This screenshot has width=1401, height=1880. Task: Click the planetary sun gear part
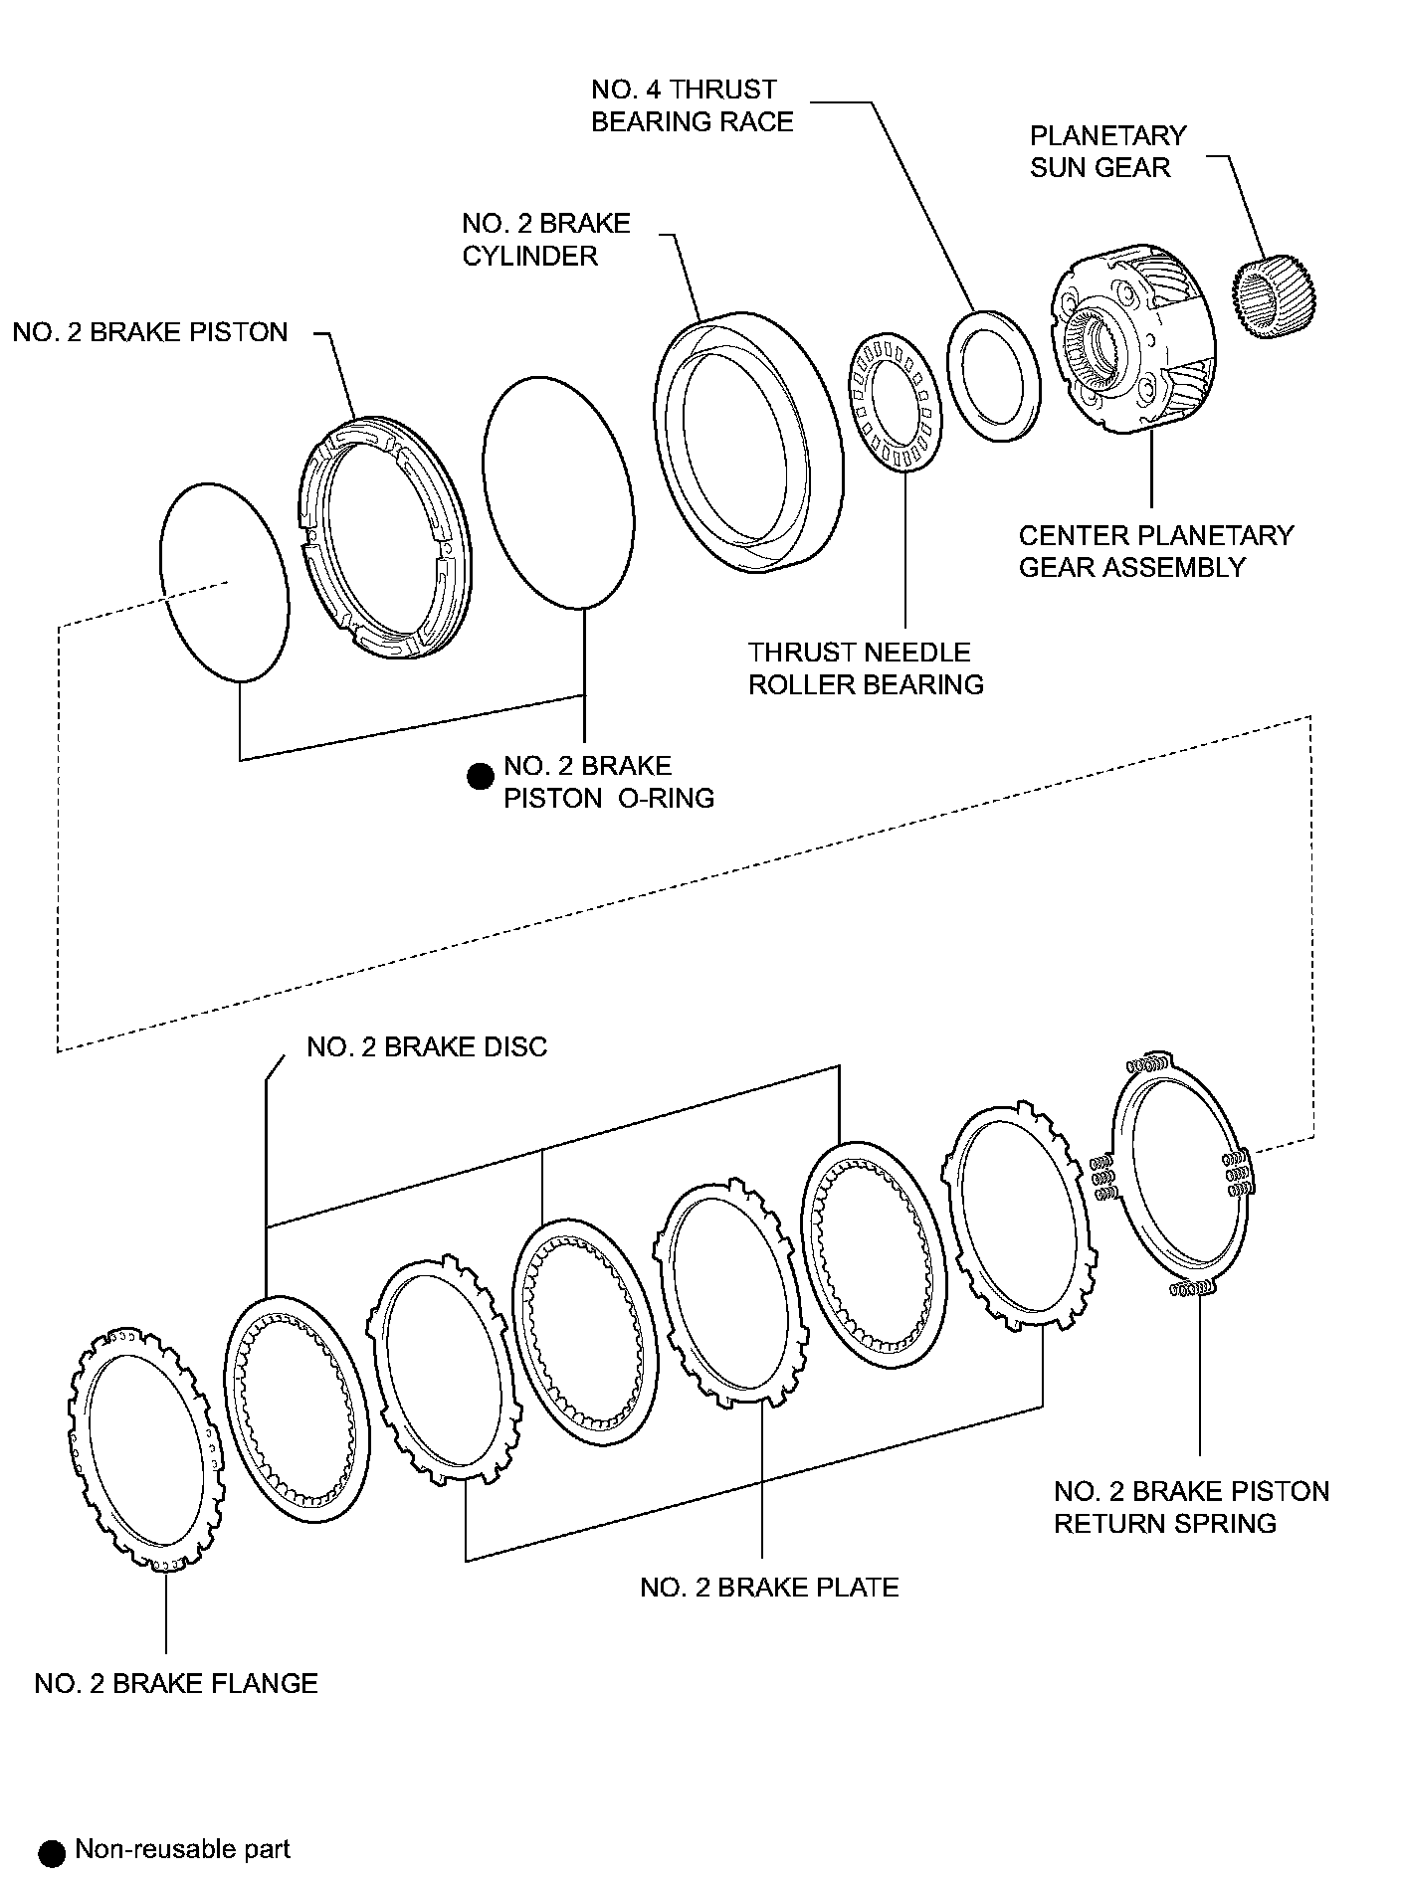point(1277,296)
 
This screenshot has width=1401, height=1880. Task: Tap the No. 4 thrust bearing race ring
point(994,375)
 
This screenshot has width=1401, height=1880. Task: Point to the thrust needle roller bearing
point(888,402)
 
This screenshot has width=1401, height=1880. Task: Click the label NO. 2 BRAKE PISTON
point(150,332)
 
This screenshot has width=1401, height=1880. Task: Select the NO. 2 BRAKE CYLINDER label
point(546,239)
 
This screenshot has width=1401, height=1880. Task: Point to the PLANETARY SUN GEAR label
point(1107,151)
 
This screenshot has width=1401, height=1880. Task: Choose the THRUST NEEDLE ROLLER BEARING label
point(866,668)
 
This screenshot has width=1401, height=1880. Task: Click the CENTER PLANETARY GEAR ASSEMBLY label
point(1155,551)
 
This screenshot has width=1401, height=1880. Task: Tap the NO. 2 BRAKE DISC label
point(427,1046)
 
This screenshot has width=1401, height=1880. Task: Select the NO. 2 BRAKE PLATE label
point(769,1587)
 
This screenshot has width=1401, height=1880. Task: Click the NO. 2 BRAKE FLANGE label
point(176,1683)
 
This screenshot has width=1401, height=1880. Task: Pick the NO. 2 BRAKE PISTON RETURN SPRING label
point(1191,1507)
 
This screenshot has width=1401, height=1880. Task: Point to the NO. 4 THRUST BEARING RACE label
point(693,105)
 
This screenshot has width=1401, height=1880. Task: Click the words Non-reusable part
point(183,1850)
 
